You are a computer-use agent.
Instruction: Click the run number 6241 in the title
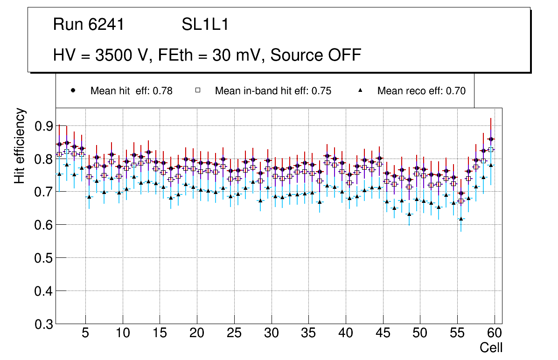[x=106, y=25]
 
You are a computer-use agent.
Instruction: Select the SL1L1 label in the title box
[x=205, y=25]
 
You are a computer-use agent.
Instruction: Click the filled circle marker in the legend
[x=73, y=90]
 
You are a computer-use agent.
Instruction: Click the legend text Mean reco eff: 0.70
[x=421, y=91]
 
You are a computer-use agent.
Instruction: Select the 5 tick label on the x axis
[x=85, y=333]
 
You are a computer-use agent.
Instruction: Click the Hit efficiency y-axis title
[x=20, y=145]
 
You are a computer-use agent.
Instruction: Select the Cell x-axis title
[x=491, y=347]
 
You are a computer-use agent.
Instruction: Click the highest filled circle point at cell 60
[x=491, y=139]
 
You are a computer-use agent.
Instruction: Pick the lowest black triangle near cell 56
[x=461, y=219]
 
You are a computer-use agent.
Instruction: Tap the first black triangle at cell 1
[x=59, y=174]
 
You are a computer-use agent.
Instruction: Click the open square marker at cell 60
[x=491, y=150]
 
